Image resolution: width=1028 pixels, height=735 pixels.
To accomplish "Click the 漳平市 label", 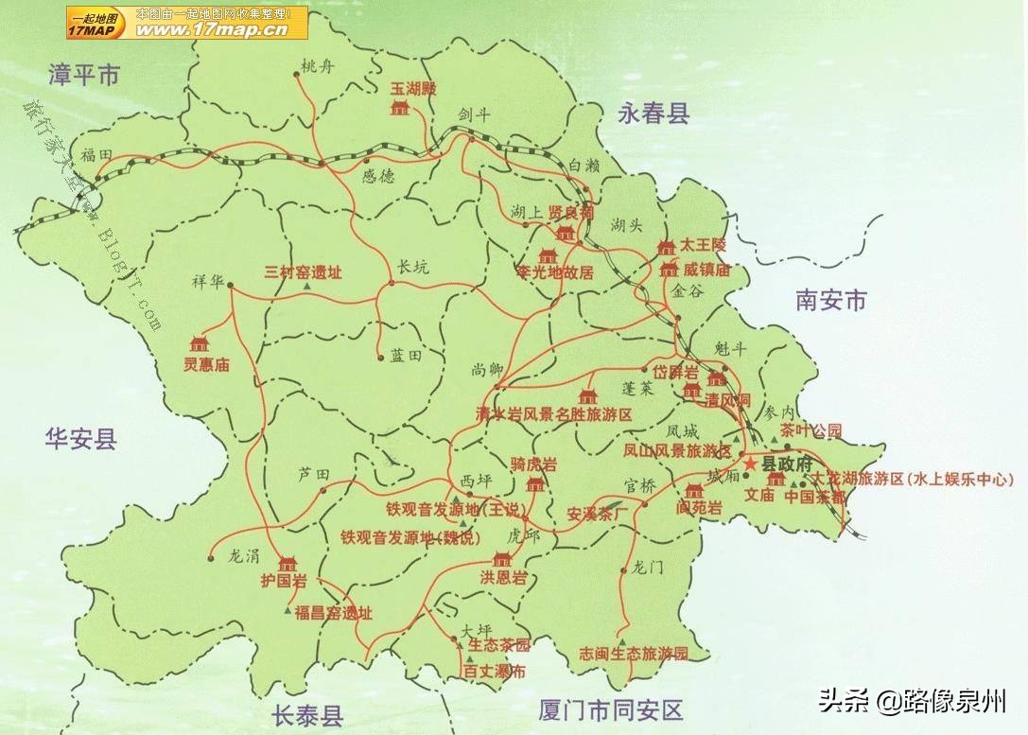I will pyautogui.click(x=85, y=75).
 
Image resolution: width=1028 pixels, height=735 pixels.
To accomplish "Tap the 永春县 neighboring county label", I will pyautogui.click(x=653, y=114).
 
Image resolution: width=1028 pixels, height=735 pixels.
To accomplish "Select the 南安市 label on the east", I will pyautogui.click(x=830, y=301).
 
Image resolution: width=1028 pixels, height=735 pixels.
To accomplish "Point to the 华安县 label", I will pyautogui.click(x=80, y=437).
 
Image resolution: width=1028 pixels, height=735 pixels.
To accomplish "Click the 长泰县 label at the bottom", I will pyautogui.click(x=306, y=714).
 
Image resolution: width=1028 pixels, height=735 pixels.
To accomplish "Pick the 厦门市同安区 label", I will pyautogui.click(x=610, y=709).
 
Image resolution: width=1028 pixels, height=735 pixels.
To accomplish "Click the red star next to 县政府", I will pyautogui.click(x=750, y=464).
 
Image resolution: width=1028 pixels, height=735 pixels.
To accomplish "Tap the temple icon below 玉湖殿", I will pyautogui.click(x=400, y=107).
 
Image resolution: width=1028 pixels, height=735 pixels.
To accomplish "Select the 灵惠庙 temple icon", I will pyautogui.click(x=200, y=343).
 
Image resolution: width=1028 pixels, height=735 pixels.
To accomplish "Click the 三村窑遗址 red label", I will pyautogui.click(x=303, y=272).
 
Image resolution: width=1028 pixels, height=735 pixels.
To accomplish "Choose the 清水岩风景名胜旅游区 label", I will pyautogui.click(x=553, y=414).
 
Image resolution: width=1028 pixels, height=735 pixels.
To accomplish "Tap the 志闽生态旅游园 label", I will pyautogui.click(x=633, y=654).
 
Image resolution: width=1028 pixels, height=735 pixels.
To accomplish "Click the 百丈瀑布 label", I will pyautogui.click(x=494, y=672).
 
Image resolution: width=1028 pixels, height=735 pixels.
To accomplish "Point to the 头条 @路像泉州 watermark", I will pyautogui.click(x=912, y=701).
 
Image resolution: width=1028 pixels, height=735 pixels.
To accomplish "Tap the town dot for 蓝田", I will pyautogui.click(x=382, y=357).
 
